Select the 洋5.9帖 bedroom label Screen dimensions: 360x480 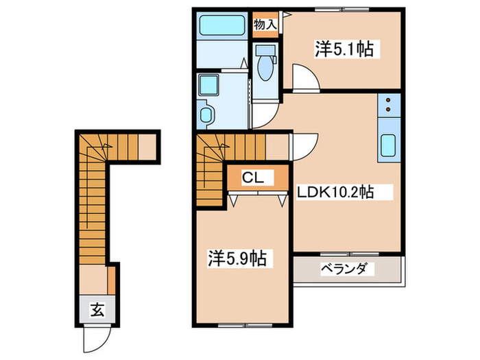(237, 259)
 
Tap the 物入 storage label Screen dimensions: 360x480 (265, 25)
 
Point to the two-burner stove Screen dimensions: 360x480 (388, 104)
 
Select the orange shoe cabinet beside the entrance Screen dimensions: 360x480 (110, 278)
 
